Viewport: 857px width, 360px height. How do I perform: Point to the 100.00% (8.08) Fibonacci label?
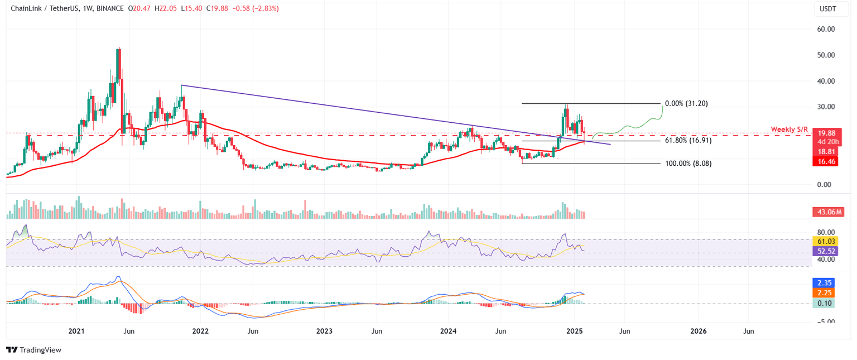pyautogui.click(x=689, y=164)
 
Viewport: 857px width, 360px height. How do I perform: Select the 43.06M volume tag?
pyautogui.click(x=827, y=212)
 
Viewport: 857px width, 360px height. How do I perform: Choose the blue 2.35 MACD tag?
pyautogui.click(x=825, y=283)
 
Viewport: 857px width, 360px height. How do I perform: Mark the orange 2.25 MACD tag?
pyautogui.click(x=825, y=293)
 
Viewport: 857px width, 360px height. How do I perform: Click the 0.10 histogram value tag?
pyautogui.click(x=825, y=303)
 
